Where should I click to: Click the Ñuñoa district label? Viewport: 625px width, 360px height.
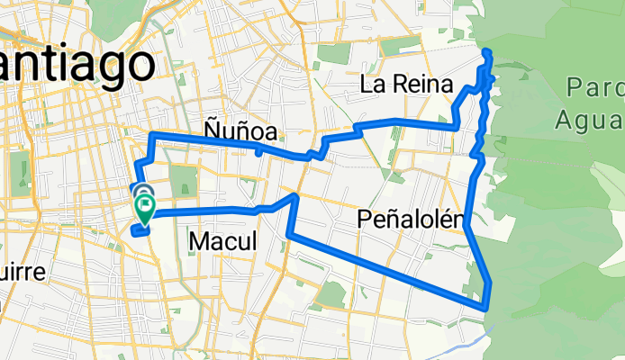pos(239,132)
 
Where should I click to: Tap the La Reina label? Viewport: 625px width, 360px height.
pos(404,85)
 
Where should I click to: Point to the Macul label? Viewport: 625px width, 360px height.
pos(222,241)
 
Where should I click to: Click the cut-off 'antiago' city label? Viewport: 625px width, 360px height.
pos(76,65)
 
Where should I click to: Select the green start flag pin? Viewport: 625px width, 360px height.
pos(145,208)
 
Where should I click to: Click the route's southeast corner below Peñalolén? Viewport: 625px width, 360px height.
pos(487,307)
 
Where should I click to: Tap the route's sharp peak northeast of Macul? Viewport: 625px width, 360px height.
pos(295,194)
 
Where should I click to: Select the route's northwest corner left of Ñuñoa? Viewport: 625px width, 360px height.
pos(150,134)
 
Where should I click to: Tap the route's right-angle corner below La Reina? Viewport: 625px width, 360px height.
pos(455,126)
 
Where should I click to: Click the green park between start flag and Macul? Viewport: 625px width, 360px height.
pos(183,179)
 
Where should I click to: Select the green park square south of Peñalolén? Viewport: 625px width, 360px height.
pos(331,294)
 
